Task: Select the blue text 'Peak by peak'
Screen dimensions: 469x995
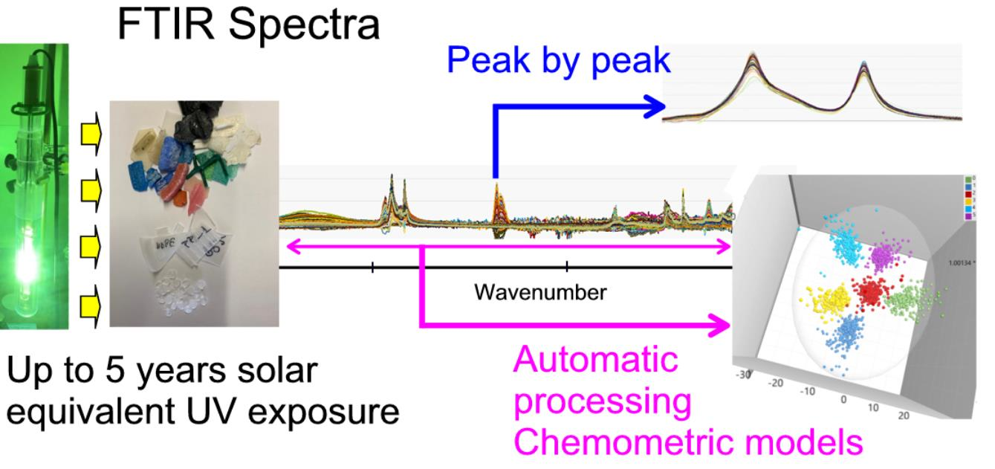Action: (x=557, y=62)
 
